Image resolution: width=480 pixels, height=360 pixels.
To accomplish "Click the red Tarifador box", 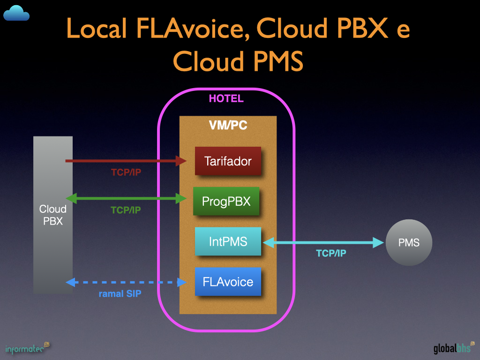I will pos(228,161).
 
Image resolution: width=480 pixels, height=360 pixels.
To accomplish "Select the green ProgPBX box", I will pos(226,202).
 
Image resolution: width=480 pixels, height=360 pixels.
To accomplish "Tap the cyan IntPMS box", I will pos(228,242).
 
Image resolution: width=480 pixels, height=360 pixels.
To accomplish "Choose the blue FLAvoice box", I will pos(228,282).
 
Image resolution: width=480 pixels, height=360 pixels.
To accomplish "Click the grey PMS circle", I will pos(409,243).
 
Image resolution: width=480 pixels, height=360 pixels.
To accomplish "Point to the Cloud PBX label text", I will pos(53,215).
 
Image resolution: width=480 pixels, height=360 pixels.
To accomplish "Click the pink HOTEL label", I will pos(226,99).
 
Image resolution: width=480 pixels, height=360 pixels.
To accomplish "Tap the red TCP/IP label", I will pos(126,172).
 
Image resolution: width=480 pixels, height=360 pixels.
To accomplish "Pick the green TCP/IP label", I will pos(126,210).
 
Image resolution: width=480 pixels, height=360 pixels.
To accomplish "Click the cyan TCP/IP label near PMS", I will pos(331,254).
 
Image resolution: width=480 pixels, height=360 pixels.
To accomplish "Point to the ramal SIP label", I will pos(120,294).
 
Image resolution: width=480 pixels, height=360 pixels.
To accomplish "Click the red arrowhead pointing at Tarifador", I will pos(181,161).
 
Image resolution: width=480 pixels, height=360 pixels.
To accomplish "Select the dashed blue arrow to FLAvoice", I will pos(127,282).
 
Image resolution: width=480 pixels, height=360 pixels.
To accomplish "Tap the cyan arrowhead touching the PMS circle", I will pos(379,242).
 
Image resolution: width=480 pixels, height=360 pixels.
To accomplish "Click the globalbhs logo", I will pos(452,348).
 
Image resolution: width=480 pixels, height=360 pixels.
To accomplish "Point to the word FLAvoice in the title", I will pos(192,29).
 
